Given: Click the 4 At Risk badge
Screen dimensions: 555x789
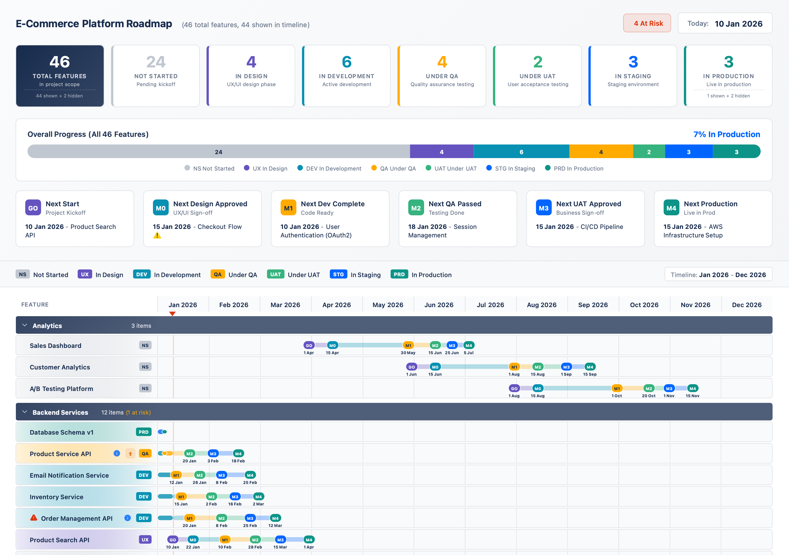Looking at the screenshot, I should coord(647,23).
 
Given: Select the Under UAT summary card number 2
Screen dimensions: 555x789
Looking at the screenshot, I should coord(537,62).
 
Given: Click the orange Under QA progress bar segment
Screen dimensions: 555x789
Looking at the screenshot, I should coord(601,152).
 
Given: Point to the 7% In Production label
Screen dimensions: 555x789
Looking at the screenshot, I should coord(726,134).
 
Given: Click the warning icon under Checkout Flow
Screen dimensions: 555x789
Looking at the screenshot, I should coord(157,235).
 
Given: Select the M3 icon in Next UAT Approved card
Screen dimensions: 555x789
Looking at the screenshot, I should coord(543,208).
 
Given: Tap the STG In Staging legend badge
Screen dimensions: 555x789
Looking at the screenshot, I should coord(338,274).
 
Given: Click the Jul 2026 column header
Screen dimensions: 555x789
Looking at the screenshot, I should coord(490,305).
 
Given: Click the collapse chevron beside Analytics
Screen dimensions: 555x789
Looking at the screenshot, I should coord(25,325).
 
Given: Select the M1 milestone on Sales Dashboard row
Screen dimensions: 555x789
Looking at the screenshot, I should coord(408,345).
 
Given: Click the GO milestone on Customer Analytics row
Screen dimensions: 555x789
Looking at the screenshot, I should coord(411,367).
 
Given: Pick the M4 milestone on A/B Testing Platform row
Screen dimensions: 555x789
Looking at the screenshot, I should coord(692,389).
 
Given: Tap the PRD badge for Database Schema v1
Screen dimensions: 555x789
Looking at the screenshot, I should coord(144,432).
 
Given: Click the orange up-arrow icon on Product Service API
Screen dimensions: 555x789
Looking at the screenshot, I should coord(130,454).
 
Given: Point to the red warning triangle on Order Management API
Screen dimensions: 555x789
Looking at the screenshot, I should coord(34,518).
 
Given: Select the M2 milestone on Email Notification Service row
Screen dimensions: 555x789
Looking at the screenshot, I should coord(200,475).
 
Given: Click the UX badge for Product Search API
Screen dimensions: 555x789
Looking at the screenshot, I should coord(145,539).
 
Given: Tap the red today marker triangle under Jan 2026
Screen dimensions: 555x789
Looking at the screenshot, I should coord(173,314).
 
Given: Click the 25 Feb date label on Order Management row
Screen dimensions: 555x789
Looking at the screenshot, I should coord(250,526).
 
